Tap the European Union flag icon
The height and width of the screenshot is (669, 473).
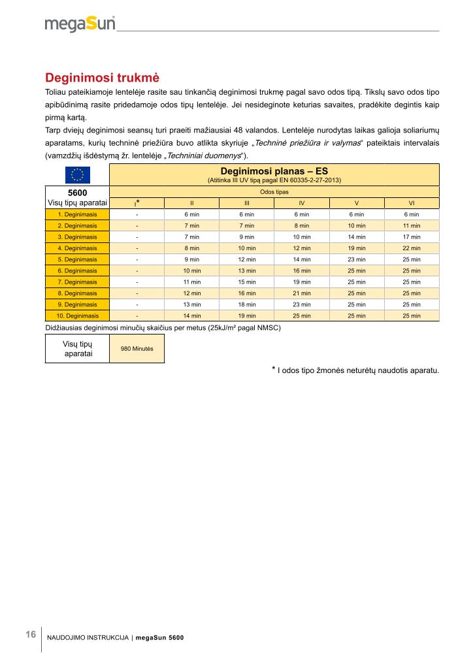click(77, 174)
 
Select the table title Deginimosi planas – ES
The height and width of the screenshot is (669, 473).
click(274, 171)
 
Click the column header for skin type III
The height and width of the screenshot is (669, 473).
click(247, 203)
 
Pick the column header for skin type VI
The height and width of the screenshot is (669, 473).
click(412, 203)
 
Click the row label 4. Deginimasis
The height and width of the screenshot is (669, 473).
click(77, 248)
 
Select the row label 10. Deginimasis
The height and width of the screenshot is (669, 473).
click(77, 316)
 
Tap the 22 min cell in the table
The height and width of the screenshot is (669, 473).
click(412, 248)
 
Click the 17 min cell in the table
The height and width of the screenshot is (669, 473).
click(412, 237)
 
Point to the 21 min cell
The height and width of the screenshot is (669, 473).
click(302, 293)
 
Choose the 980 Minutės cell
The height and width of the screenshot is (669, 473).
click(137, 349)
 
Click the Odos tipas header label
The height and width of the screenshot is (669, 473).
click(274, 192)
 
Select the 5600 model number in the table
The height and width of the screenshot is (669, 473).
click(77, 193)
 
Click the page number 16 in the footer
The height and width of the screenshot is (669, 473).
click(31, 635)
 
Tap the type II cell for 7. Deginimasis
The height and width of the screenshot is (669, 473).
click(192, 282)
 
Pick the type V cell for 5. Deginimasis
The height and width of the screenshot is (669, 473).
click(357, 259)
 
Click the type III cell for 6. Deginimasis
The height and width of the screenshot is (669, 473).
click(247, 270)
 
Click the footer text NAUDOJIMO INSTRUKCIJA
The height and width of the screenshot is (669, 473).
click(88, 638)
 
